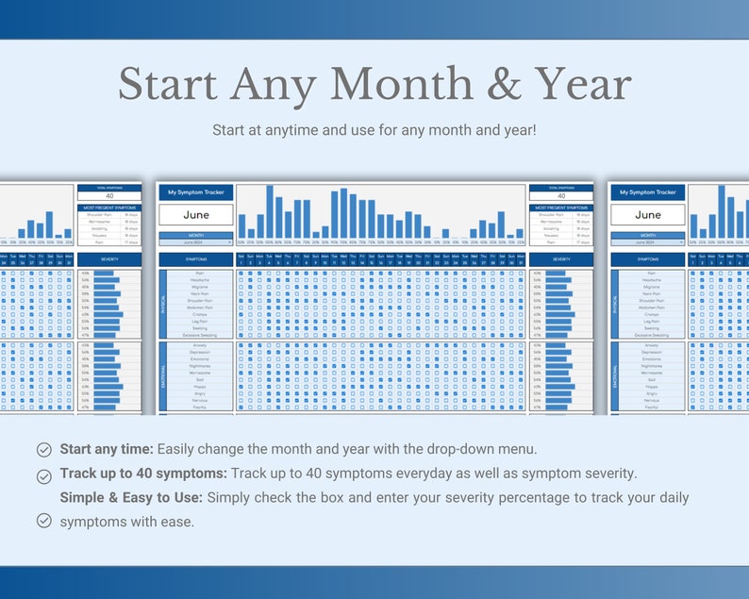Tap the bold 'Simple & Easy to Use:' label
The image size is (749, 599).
point(131,497)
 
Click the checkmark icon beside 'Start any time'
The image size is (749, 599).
point(43,449)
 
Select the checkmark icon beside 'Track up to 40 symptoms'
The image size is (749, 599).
point(43,474)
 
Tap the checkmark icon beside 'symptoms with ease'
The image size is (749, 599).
point(43,521)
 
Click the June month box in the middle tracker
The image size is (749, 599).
point(196,214)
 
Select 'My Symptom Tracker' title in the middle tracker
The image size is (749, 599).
point(196,192)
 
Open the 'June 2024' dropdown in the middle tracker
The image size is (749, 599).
point(196,242)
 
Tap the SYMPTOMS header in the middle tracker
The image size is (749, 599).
point(196,258)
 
